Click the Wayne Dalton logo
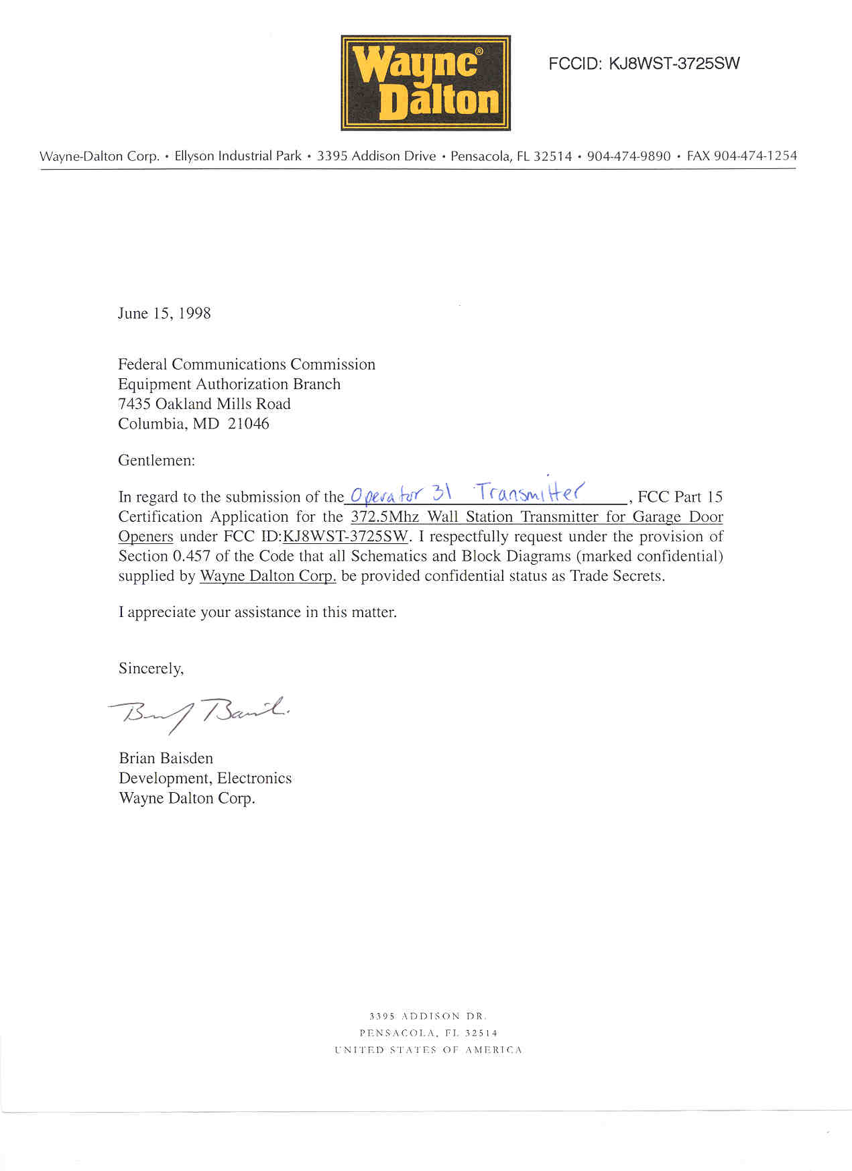point(426,83)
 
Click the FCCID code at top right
point(644,64)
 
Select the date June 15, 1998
point(164,313)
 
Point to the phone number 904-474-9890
point(628,156)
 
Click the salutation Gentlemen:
point(157,460)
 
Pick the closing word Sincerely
point(151,668)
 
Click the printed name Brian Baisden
point(166,758)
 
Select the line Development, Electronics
point(205,778)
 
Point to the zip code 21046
point(249,424)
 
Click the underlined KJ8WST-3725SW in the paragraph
point(346,537)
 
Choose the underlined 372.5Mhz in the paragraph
point(384,517)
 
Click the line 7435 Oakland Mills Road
point(204,404)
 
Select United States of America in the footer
point(428,1050)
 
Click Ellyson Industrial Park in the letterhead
point(238,156)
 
